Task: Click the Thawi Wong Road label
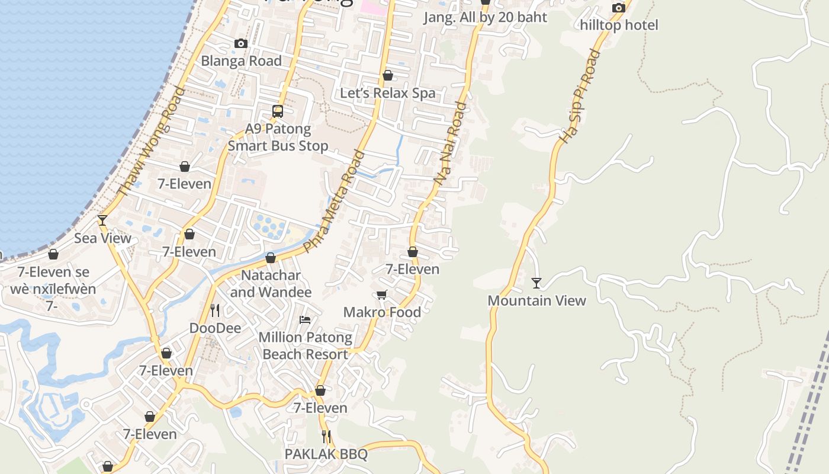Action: [152, 142]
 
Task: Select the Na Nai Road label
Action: [451, 142]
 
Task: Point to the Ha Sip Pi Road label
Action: [580, 96]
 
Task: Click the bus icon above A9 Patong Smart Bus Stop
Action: [278, 111]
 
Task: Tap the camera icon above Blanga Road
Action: [240, 44]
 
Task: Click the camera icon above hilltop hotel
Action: [619, 8]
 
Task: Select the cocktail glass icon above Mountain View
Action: [536, 283]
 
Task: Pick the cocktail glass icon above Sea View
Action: [102, 220]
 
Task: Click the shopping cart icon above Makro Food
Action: [382, 294]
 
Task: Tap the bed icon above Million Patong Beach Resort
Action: [305, 320]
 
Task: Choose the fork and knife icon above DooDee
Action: [215, 310]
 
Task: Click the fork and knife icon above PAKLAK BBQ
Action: [326, 437]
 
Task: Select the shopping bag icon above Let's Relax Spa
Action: [388, 75]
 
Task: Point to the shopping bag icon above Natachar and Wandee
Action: [271, 258]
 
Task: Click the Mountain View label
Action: [536, 300]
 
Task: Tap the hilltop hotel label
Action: [619, 25]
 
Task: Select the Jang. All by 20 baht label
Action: [485, 17]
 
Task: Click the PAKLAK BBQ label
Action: [326, 454]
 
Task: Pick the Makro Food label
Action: [382, 312]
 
